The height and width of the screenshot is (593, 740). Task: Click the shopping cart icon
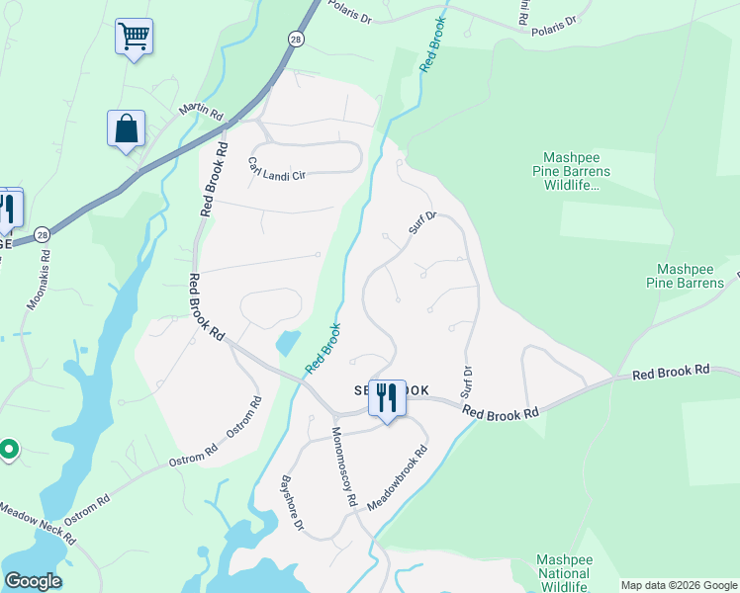pos(134,38)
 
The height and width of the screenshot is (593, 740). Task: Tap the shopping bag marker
pos(126,129)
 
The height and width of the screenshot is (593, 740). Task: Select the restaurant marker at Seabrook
pos(387,398)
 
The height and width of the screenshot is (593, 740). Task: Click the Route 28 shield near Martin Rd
pos(296,38)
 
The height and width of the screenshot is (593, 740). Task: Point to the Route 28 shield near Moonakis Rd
pos(41,234)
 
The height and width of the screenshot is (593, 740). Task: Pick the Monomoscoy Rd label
pos(343,466)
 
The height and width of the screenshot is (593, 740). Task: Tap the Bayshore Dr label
pos(291,504)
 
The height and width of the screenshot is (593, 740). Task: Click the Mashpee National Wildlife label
pos(562,573)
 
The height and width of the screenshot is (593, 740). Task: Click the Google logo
pos(33,581)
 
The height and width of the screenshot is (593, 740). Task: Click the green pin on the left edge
pos(8,450)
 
